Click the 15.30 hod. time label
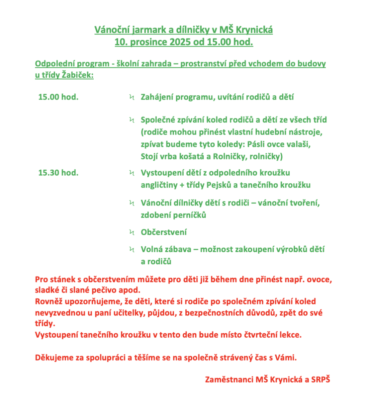pyautogui.click(x=58, y=173)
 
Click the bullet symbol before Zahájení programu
pyautogui.click(x=132, y=97)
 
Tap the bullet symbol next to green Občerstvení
pyautogui.click(x=132, y=232)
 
